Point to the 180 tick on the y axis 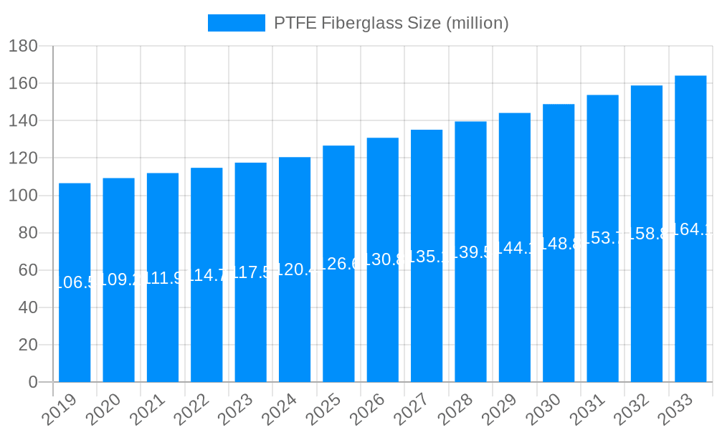[x=23, y=47]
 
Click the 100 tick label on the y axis [x=23, y=196]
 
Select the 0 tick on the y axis [x=33, y=383]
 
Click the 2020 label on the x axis [x=104, y=409]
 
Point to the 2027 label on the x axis [x=412, y=409]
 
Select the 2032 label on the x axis [x=632, y=409]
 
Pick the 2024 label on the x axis [x=280, y=409]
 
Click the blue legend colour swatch [x=236, y=23]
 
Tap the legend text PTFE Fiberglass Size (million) [x=391, y=23]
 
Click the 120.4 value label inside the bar [x=295, y=269]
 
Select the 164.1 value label [x=690, y=229]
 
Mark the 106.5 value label [x=75, y=282]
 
